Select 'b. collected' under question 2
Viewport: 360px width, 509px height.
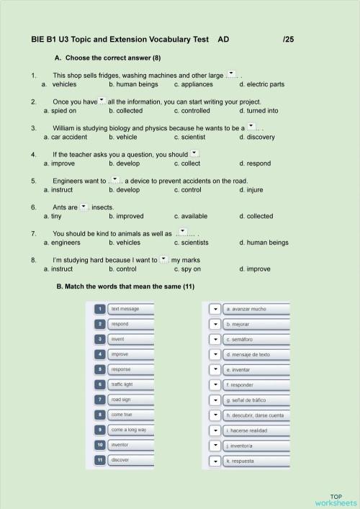click(126, 111)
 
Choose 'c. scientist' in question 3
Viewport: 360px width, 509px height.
click(190, 137)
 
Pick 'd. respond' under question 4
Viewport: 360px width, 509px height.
click(255, 163)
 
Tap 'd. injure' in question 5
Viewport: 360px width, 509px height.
click(252, 190)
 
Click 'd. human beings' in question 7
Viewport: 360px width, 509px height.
click(264, 243)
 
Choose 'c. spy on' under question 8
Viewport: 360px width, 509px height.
click(187, 269)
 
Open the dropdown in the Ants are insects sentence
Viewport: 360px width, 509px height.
click(84, 207)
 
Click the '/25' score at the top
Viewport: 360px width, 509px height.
click(289, 40)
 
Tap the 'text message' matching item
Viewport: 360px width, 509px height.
click(130, 309)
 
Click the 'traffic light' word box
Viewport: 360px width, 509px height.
click(130, 384)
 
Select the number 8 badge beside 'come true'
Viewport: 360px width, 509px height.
click(100, 415)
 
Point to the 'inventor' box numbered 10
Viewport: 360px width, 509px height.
click(130, 445)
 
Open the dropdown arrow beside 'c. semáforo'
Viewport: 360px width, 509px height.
click(215, 339)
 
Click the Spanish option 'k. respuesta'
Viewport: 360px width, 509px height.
click(256, 461)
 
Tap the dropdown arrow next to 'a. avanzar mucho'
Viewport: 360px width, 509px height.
click(215, 309)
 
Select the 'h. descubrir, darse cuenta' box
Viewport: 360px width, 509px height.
click(256, 415)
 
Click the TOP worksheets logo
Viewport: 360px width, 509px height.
click(336, 500)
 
